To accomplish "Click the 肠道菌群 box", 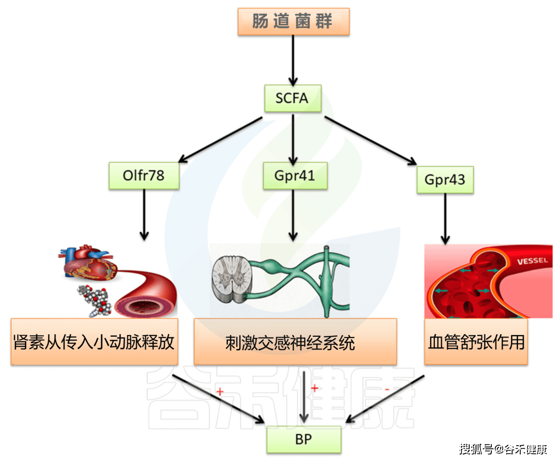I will [293, 21].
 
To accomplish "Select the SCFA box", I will [293, 98].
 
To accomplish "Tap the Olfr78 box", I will [144, 176].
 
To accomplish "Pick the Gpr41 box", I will [295, 176].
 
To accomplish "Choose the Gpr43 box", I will [445, 180].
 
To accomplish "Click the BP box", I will [303, 439].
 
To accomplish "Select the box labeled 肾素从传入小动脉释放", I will [94, 342].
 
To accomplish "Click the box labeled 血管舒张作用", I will [476, 342].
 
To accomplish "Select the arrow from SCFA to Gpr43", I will [370, 140].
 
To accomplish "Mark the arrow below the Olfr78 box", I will [144, 214].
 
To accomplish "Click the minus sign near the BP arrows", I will [387, 389].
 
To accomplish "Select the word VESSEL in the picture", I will [532, 261].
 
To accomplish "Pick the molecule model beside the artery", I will [95, 300].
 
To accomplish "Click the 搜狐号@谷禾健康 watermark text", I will [503, 449].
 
